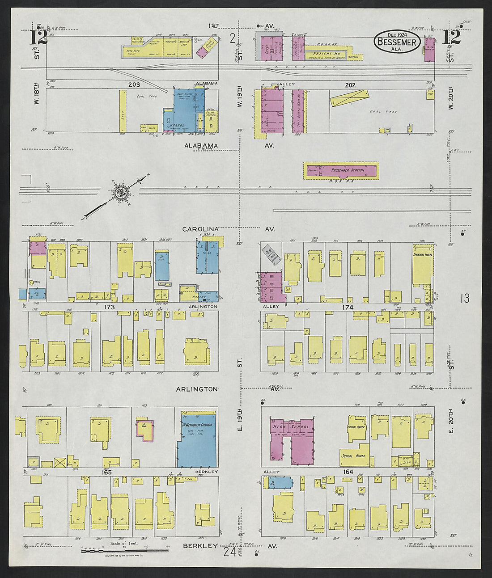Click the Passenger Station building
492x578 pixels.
[x=341, y=170]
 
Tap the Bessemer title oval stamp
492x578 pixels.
[x=397, y=42]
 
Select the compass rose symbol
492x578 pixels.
[x=120, y=193]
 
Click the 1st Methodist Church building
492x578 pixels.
[x=197, y=438]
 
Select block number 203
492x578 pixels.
[x=134, y=84]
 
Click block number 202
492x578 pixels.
[x=350, y=84]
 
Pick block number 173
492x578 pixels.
[x=110, y=307]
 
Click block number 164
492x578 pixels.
[x=348, y=472]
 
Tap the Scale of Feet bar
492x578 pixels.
[x=124, y=550]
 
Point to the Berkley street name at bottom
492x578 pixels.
[x=200, y=546]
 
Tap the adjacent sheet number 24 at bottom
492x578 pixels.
[x=230, y=553]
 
